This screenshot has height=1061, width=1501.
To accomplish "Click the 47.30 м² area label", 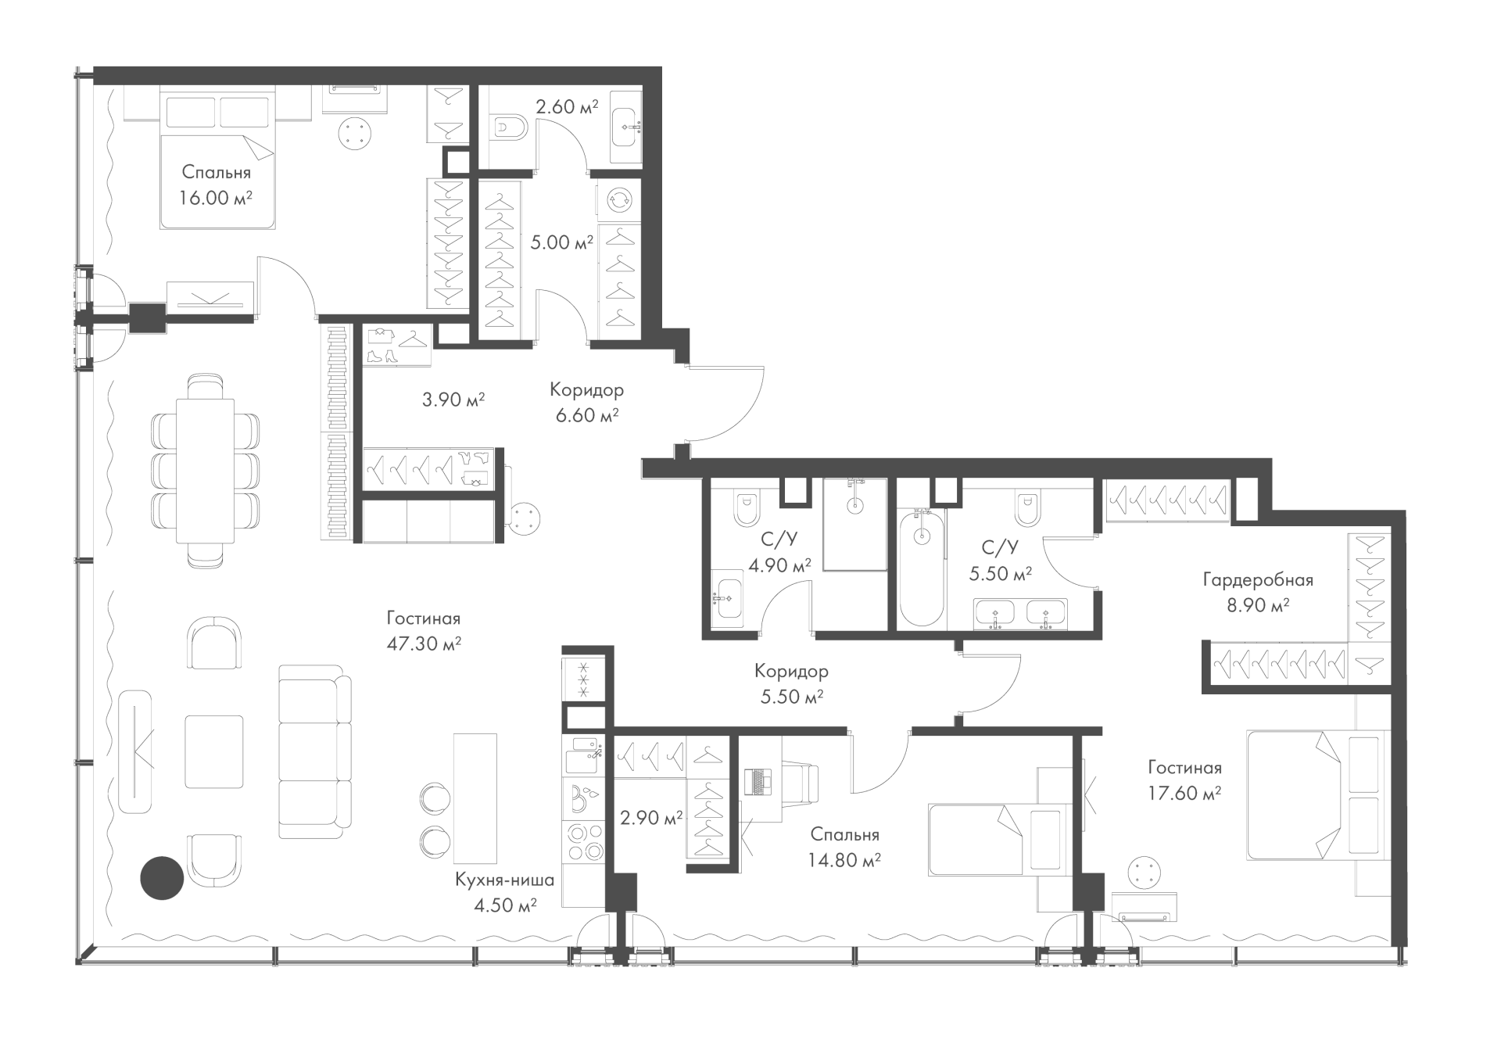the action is (423, 643).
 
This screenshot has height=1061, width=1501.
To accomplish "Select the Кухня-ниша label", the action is (504, 880).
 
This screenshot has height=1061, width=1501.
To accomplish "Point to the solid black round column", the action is (162, 877).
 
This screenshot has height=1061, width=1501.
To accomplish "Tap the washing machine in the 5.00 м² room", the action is (618, 200).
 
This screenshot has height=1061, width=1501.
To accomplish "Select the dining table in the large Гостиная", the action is (206, 470).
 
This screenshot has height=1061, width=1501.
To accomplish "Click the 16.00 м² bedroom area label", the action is (216, 198).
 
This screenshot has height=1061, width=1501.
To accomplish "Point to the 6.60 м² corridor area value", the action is (587, 415).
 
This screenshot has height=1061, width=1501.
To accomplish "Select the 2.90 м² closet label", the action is (651, 818).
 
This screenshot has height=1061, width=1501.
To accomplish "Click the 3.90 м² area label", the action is (453, 400).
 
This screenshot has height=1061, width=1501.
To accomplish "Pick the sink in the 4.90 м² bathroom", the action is (729, 598).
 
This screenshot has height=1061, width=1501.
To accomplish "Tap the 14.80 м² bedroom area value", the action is (845, 860).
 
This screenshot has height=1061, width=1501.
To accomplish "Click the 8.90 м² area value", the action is (1258, 604).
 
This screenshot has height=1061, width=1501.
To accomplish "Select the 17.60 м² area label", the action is (1185, 793).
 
